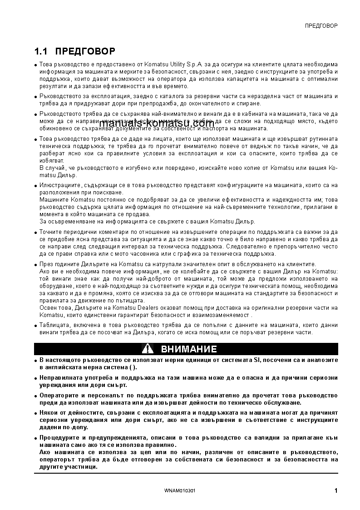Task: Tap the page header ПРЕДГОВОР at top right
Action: point(321,25)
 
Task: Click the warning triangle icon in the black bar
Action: point(148,349)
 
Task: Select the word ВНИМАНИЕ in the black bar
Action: point(189,349)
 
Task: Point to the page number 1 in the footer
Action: point(335,490)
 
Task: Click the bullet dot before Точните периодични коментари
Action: point(36,233)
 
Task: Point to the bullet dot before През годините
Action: point(36,265)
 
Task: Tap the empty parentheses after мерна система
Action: point(131,367)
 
